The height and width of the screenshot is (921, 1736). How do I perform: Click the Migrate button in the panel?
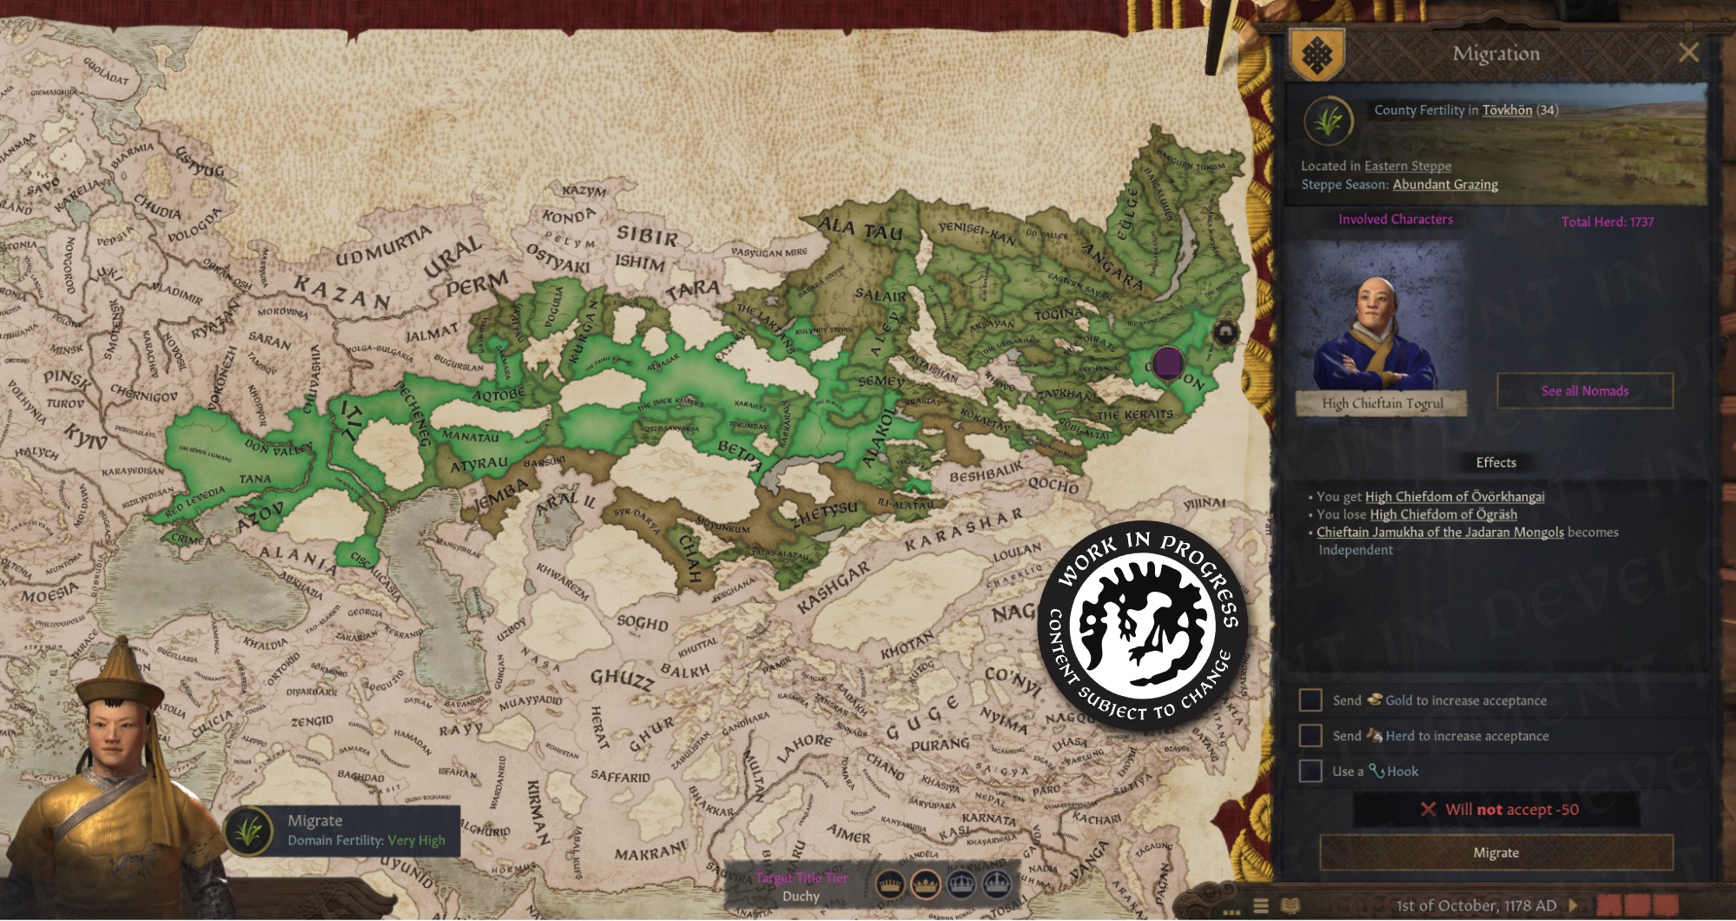click(x=1495, y=852)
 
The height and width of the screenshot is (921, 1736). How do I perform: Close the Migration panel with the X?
click(x=1688, y=53)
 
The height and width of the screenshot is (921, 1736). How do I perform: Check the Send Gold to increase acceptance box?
click(x=1310, y=700)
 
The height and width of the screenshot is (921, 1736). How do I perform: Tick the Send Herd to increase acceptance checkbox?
click(x=1310, y=736)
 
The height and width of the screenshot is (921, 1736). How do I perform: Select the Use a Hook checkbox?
click(x=1310, y=772)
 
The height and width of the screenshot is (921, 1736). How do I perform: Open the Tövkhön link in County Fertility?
click(x=1507, y=110)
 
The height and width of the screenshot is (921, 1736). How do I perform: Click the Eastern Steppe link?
click(x=1407, y=166)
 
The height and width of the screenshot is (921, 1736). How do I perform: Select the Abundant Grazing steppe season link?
click(x=1445, y=184)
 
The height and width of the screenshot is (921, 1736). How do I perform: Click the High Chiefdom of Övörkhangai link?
click(x=1455, y=497)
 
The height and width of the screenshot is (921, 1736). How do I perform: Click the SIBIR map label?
click(x=646, y=236)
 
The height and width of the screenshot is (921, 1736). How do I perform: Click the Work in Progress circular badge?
click(x=1143, y=626)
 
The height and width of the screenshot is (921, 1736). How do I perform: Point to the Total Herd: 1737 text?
click(x=1607, y=222)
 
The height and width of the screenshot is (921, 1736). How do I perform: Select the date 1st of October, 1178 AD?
click(x=1475, y=905)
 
